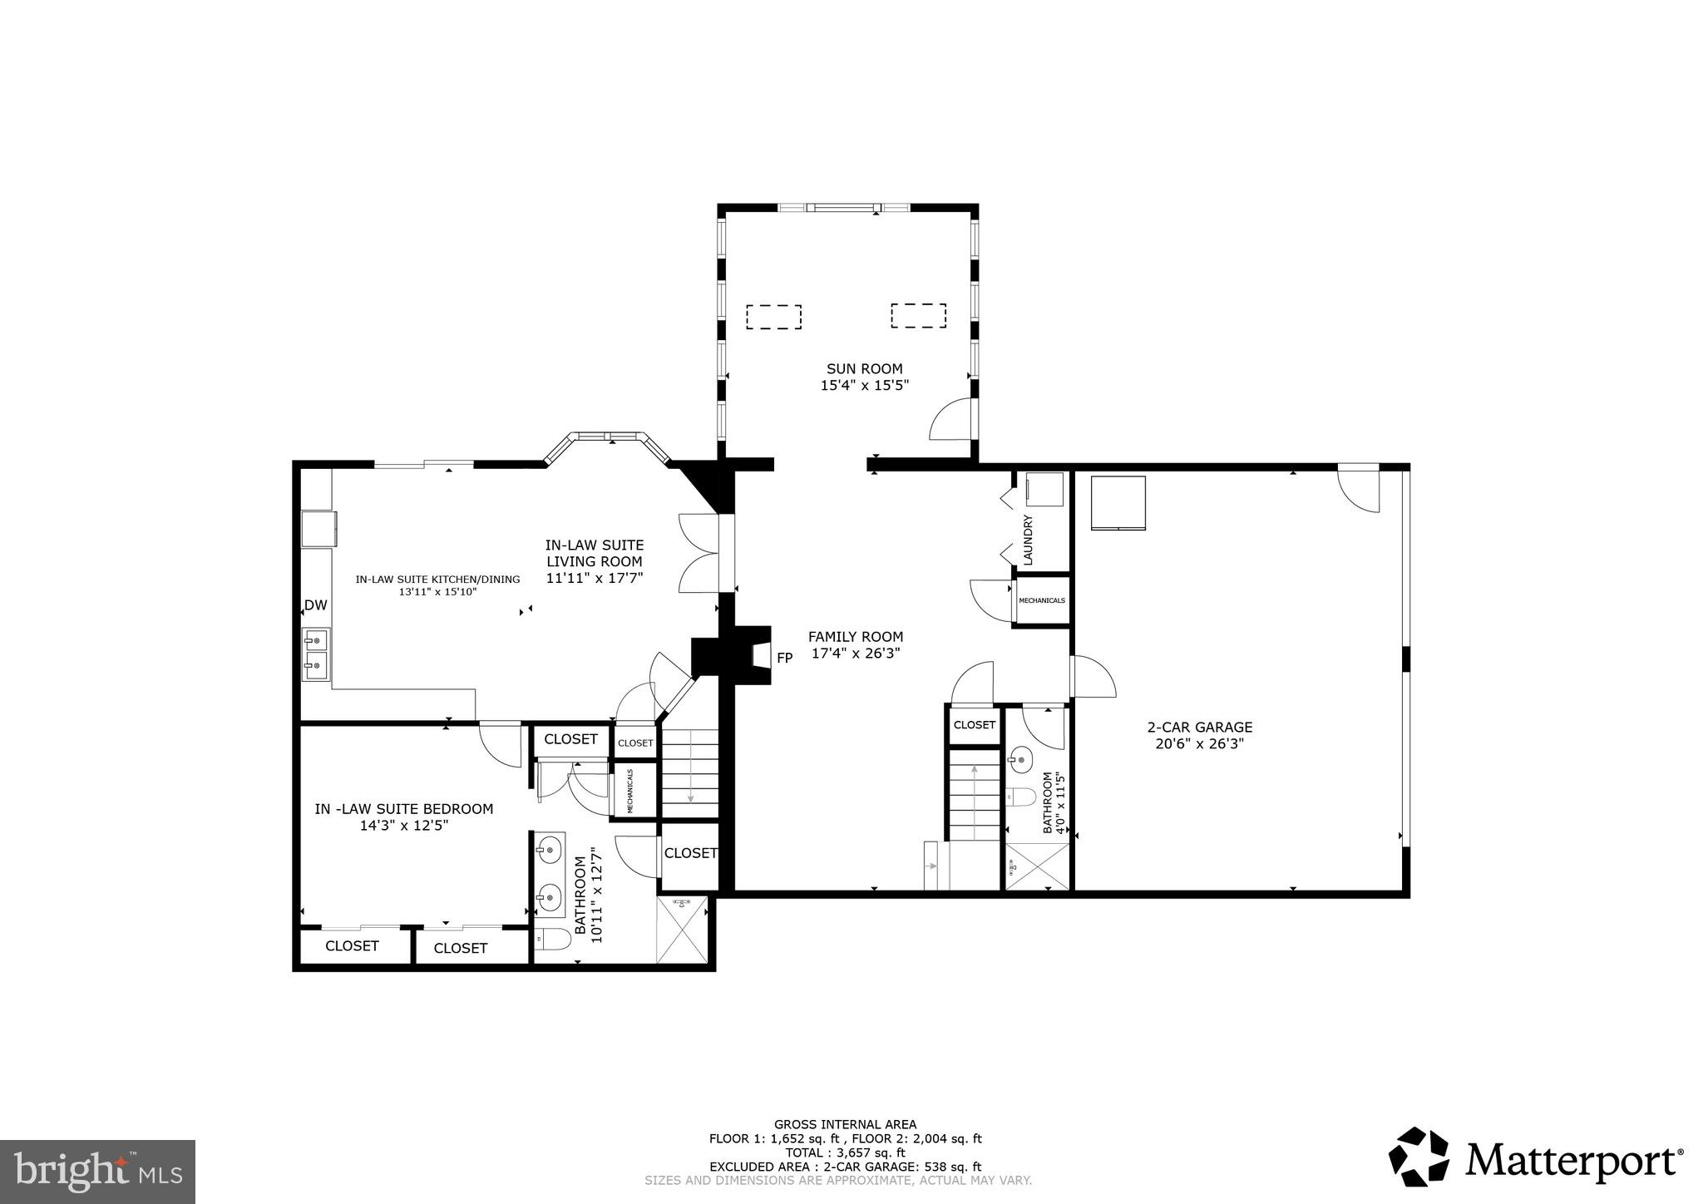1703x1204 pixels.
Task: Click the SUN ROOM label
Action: coord(864,368)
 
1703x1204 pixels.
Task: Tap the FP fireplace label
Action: coord(784,658)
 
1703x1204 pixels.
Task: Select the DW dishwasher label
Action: coord(315,605)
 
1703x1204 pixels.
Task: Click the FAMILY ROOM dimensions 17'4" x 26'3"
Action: coord(856,654)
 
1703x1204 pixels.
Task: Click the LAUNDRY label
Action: coord(1028,540)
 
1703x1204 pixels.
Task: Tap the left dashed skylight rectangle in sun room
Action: coord(773,317)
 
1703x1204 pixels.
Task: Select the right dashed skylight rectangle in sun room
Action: coord(919,316)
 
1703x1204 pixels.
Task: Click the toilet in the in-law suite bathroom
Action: coord(551,940)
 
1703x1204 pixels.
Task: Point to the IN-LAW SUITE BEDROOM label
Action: coord(403,809)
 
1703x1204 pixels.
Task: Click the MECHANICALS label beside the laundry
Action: coord(1041,600)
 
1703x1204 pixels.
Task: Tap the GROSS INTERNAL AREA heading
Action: coord(845,1124)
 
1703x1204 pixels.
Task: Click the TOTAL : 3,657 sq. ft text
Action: coord(845,1152)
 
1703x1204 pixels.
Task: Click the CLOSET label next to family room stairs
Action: coord(975,725)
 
